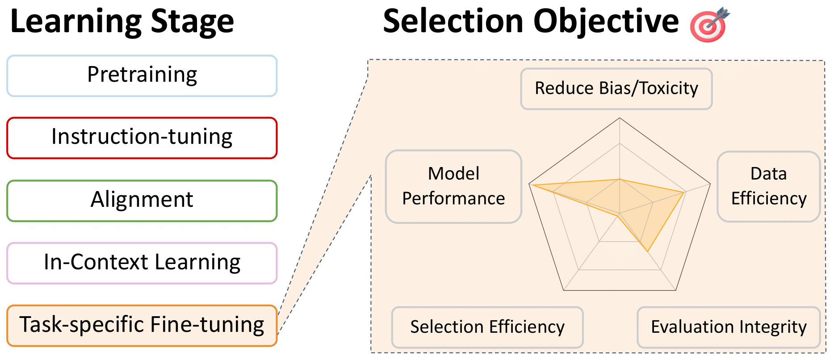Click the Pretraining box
coord(142,75)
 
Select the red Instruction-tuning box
coord(142,138)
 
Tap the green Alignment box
coord(142,200)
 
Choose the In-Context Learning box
coord(142,263)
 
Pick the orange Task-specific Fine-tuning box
coord(142,325)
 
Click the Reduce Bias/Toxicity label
coord(616,88)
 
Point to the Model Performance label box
coord(453,186)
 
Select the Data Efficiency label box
coord(768,186)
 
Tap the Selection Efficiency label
coord(487,327)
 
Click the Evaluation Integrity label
coord(728,327)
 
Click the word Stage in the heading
coord(192,22)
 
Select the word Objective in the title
coord(606,22)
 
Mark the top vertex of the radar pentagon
coord(620,118)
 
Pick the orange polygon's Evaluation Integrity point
coord(647,252)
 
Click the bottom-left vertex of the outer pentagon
coord(564,290)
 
